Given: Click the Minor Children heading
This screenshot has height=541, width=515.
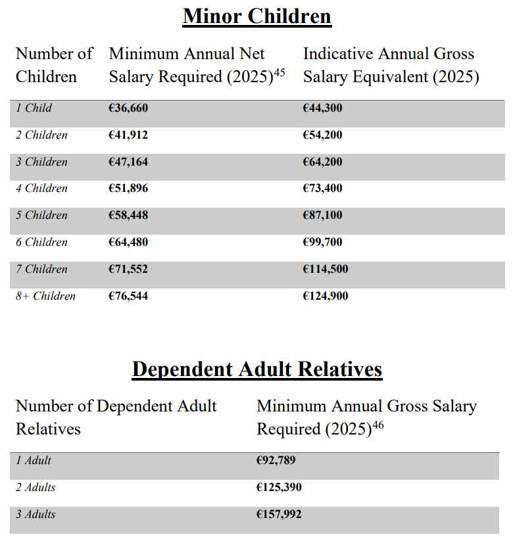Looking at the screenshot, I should tap(257, 16).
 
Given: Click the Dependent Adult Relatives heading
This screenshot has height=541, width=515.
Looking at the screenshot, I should tap(257, 369).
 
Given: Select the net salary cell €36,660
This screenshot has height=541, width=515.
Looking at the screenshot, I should tap(128, 108).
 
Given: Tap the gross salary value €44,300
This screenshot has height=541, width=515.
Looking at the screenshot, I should tap(322, 108).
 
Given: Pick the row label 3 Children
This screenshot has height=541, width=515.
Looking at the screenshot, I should tap(41, 162).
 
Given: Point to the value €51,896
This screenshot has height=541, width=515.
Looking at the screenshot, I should tap(128, 189).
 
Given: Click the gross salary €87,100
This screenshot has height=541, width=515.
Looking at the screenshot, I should tap(322, 216).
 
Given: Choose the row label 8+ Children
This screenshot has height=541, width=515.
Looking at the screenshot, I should tap(45, 296).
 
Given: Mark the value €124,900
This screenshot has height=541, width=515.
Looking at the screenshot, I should tap(325, 296).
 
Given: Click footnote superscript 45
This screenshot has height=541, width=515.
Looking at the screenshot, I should tap(280, 72).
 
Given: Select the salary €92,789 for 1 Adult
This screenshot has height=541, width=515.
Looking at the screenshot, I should tap(276, 460).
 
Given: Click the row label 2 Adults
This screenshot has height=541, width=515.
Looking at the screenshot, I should tap(36, 487).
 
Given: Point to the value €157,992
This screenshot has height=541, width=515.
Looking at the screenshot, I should tap(279, 514).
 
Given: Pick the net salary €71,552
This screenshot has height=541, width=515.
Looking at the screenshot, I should tap(128, 269).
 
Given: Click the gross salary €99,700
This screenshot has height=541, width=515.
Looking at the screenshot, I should tap(322, 242).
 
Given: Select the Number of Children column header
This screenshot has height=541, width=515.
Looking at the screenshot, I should tap(54, 65).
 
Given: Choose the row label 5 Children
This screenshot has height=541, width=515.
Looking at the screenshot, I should tap(41, 216).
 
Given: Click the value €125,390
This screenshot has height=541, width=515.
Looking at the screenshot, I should tap(279, 487).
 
